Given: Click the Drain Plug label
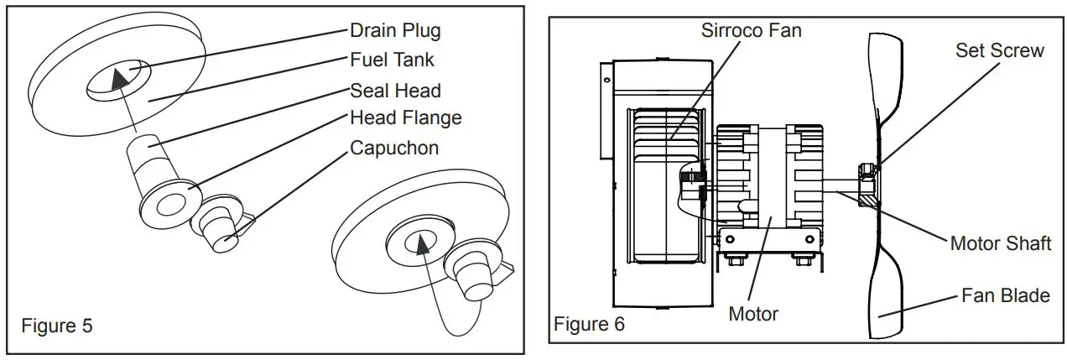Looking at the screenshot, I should pos(394,32).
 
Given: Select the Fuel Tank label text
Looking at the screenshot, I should pos(392,60).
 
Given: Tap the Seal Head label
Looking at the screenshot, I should pos(395,90).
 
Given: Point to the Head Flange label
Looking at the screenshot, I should pos(405,117).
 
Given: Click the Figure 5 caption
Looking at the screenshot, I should pos(57,326).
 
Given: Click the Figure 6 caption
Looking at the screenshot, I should pos(589,323).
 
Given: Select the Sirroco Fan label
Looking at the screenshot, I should pos(751,31).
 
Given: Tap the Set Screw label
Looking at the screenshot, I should pos(999,50).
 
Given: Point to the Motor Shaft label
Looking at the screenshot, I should pos(1000,243).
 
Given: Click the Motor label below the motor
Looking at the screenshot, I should pos(752,314).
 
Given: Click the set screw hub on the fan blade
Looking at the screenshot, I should pos(867,185).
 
